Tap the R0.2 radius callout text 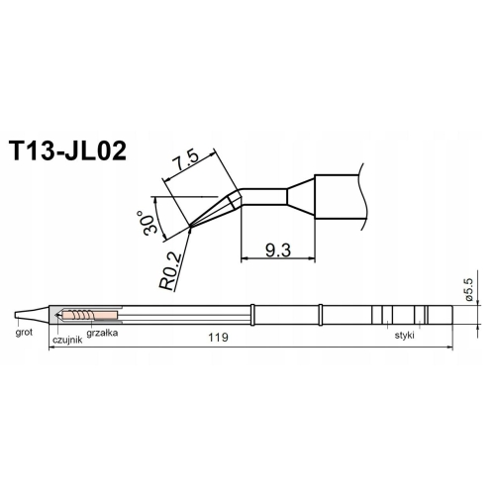tap(169, 268)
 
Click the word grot tap(25, 335)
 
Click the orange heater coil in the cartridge tap(79, 316)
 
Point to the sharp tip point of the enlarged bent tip tap(190, 230)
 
